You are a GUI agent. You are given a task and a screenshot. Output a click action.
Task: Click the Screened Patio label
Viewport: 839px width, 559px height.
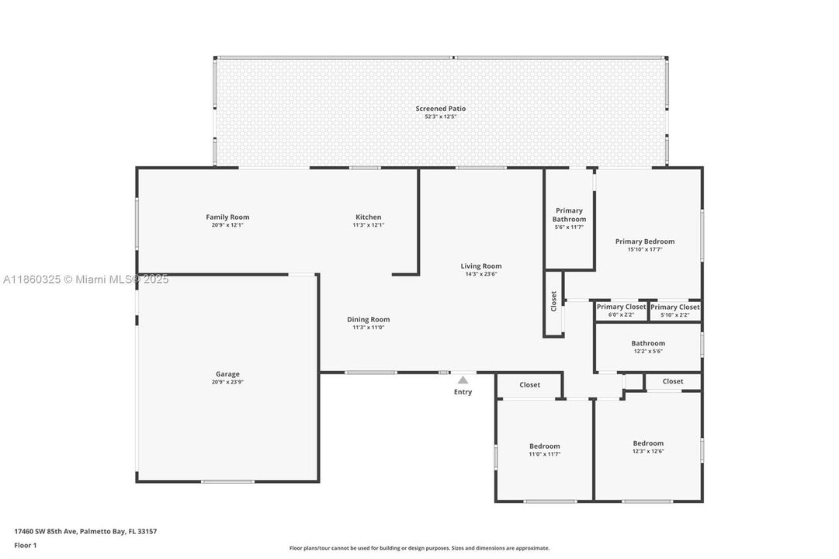[441, 109]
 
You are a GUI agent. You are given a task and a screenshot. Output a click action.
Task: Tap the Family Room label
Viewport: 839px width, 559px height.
[227, 217]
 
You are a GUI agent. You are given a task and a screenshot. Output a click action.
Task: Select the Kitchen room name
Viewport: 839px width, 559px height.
[369, 217]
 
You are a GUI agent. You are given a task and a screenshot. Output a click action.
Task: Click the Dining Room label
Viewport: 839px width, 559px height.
[369, 319]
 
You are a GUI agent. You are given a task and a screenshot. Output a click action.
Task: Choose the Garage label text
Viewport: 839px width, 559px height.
[227, 374]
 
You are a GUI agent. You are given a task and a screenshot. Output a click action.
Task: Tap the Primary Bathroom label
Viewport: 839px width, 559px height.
[569, 215]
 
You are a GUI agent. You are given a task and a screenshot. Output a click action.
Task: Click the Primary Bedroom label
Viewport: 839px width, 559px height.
[645, 241]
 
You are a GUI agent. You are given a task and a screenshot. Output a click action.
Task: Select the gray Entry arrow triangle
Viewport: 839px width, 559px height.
[463, 380]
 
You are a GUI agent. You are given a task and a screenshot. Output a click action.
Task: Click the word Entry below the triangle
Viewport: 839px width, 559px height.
[463, 392]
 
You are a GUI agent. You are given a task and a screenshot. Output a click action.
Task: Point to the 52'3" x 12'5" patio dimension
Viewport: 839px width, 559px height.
[441, 116]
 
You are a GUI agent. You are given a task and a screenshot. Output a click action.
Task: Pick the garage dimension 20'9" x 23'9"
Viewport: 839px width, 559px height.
[227, 382]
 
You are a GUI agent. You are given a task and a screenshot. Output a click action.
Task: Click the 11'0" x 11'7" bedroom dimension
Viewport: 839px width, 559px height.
[545, 454]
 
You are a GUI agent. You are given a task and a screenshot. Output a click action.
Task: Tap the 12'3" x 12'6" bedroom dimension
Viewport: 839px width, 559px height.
[648, 451]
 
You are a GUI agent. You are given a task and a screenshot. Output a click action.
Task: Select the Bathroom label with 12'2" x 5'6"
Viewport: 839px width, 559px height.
[648, 343]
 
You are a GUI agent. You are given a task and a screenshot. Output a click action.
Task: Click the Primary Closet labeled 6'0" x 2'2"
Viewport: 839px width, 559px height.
[621, 307]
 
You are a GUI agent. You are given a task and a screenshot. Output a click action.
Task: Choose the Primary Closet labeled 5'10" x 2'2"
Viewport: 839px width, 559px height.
[675, 307]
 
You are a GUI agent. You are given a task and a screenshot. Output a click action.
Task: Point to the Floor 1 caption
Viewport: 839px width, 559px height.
[25, 545]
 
